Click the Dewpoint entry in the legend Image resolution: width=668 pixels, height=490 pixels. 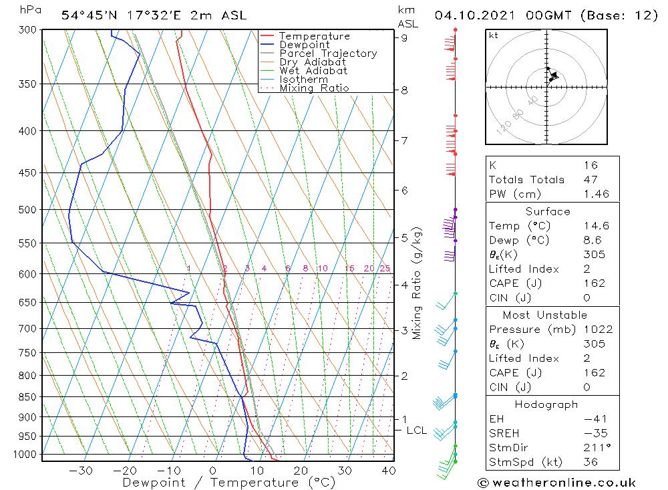(304, 45)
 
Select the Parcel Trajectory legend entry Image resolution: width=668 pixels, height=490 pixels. (328, 53)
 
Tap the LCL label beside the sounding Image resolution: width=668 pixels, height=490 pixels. (416, 431)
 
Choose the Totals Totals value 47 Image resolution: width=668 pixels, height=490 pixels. (591, 179)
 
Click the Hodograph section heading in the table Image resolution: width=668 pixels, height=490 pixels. (547, 404)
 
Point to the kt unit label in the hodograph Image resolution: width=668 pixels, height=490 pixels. (494, 35)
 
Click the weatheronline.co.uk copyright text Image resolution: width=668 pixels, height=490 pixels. (556, 483)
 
